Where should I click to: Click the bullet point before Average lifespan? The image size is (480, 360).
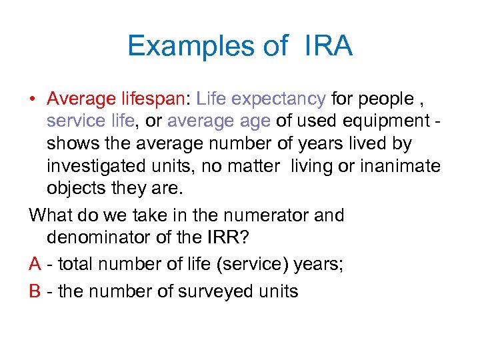pos(33,100)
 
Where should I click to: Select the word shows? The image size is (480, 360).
pos(69,143)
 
